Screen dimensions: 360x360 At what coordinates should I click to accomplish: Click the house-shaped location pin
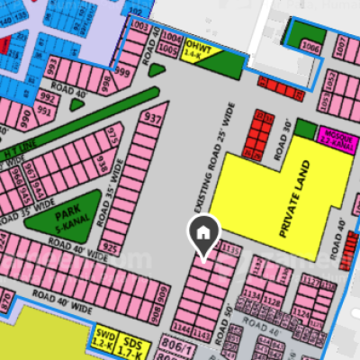pos(203,234)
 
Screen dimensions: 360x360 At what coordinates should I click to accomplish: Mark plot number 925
pos(112,246)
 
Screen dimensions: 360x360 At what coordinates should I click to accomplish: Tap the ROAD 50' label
pos(224,316)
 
